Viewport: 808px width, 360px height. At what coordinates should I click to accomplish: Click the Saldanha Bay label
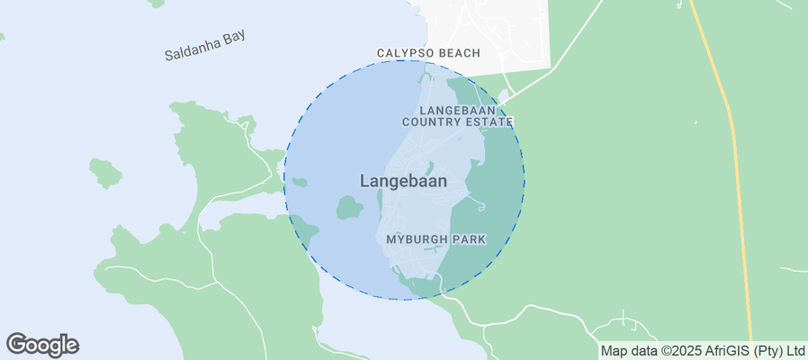click(x=205, y=45)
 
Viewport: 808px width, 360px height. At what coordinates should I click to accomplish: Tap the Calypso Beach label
click(x=428, y=54)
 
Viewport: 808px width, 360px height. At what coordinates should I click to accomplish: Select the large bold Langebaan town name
click(x=403, y=181)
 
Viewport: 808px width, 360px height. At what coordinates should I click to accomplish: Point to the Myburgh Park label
click(x=436, y=239)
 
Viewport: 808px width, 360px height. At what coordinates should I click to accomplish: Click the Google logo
click(x=42, y=344)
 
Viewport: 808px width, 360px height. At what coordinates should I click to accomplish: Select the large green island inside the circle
click(x=349, y=209)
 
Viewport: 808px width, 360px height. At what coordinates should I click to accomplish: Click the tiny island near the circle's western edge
click(x=300, y=183)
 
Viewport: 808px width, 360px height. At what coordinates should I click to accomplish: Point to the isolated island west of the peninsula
click(x=105, y=172)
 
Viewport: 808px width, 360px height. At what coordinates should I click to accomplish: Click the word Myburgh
click(x=417, y=239)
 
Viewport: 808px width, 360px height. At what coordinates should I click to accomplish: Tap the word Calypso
click(x=405, y=54)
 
